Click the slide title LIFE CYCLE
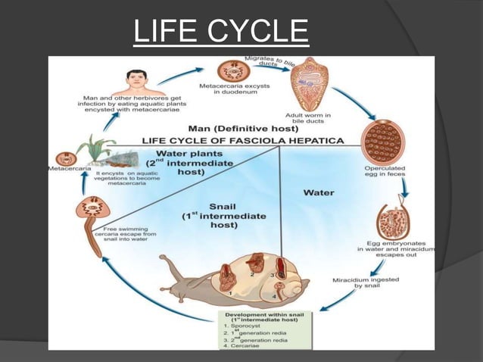click(x=220, y=31)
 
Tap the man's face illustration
click(x=136, y=79)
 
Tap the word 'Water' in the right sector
click(x=319, y=192)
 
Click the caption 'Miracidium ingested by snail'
click(x=363, y=284)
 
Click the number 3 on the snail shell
click(x=272, y=276)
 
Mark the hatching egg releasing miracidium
click(x=392, y=221)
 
